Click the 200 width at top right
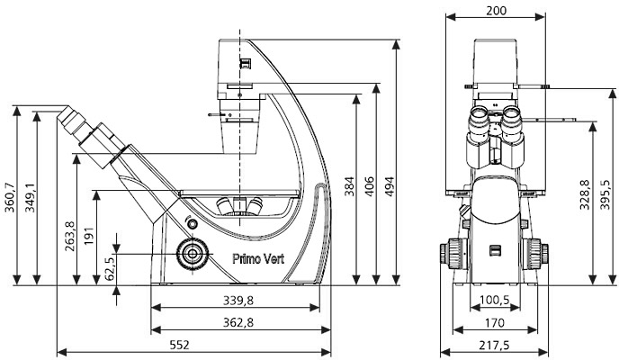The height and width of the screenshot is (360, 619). pos(496,10)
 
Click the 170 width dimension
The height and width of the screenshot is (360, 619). pos(496,322)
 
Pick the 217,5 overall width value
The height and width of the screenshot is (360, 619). pos(496,344)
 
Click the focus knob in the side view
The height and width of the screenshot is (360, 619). pos(192,254)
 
